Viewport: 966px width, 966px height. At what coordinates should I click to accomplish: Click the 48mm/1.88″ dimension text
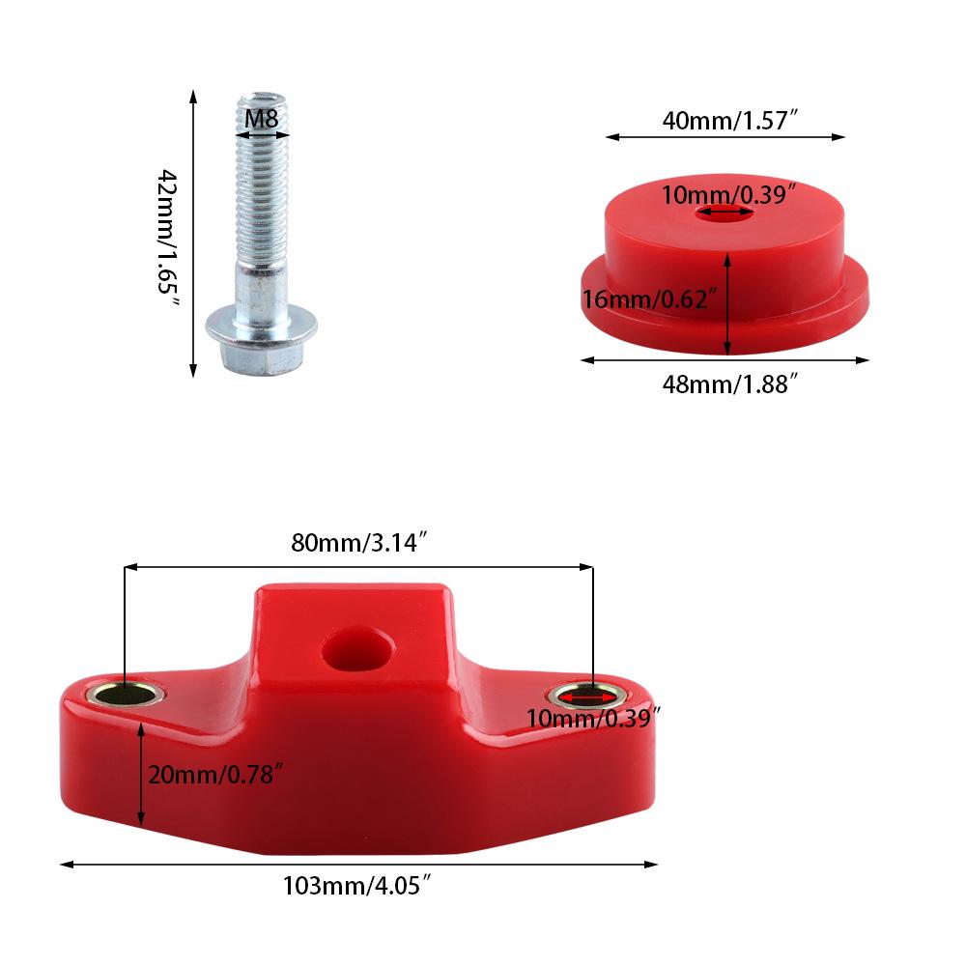(x=730, y=384)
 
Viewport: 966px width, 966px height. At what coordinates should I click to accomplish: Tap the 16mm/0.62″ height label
(x=649, y=299)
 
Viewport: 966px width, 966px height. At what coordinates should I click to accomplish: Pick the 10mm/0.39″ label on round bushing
(x=729, y=193)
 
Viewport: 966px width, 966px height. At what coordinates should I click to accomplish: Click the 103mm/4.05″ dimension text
(x=356, y=884)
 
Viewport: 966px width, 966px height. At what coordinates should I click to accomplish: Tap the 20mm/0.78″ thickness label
(x=214, y=773)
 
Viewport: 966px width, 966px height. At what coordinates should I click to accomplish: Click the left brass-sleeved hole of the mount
(x=126, y=694)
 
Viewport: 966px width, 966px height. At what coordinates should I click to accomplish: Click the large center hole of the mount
(x=357, y=649)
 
